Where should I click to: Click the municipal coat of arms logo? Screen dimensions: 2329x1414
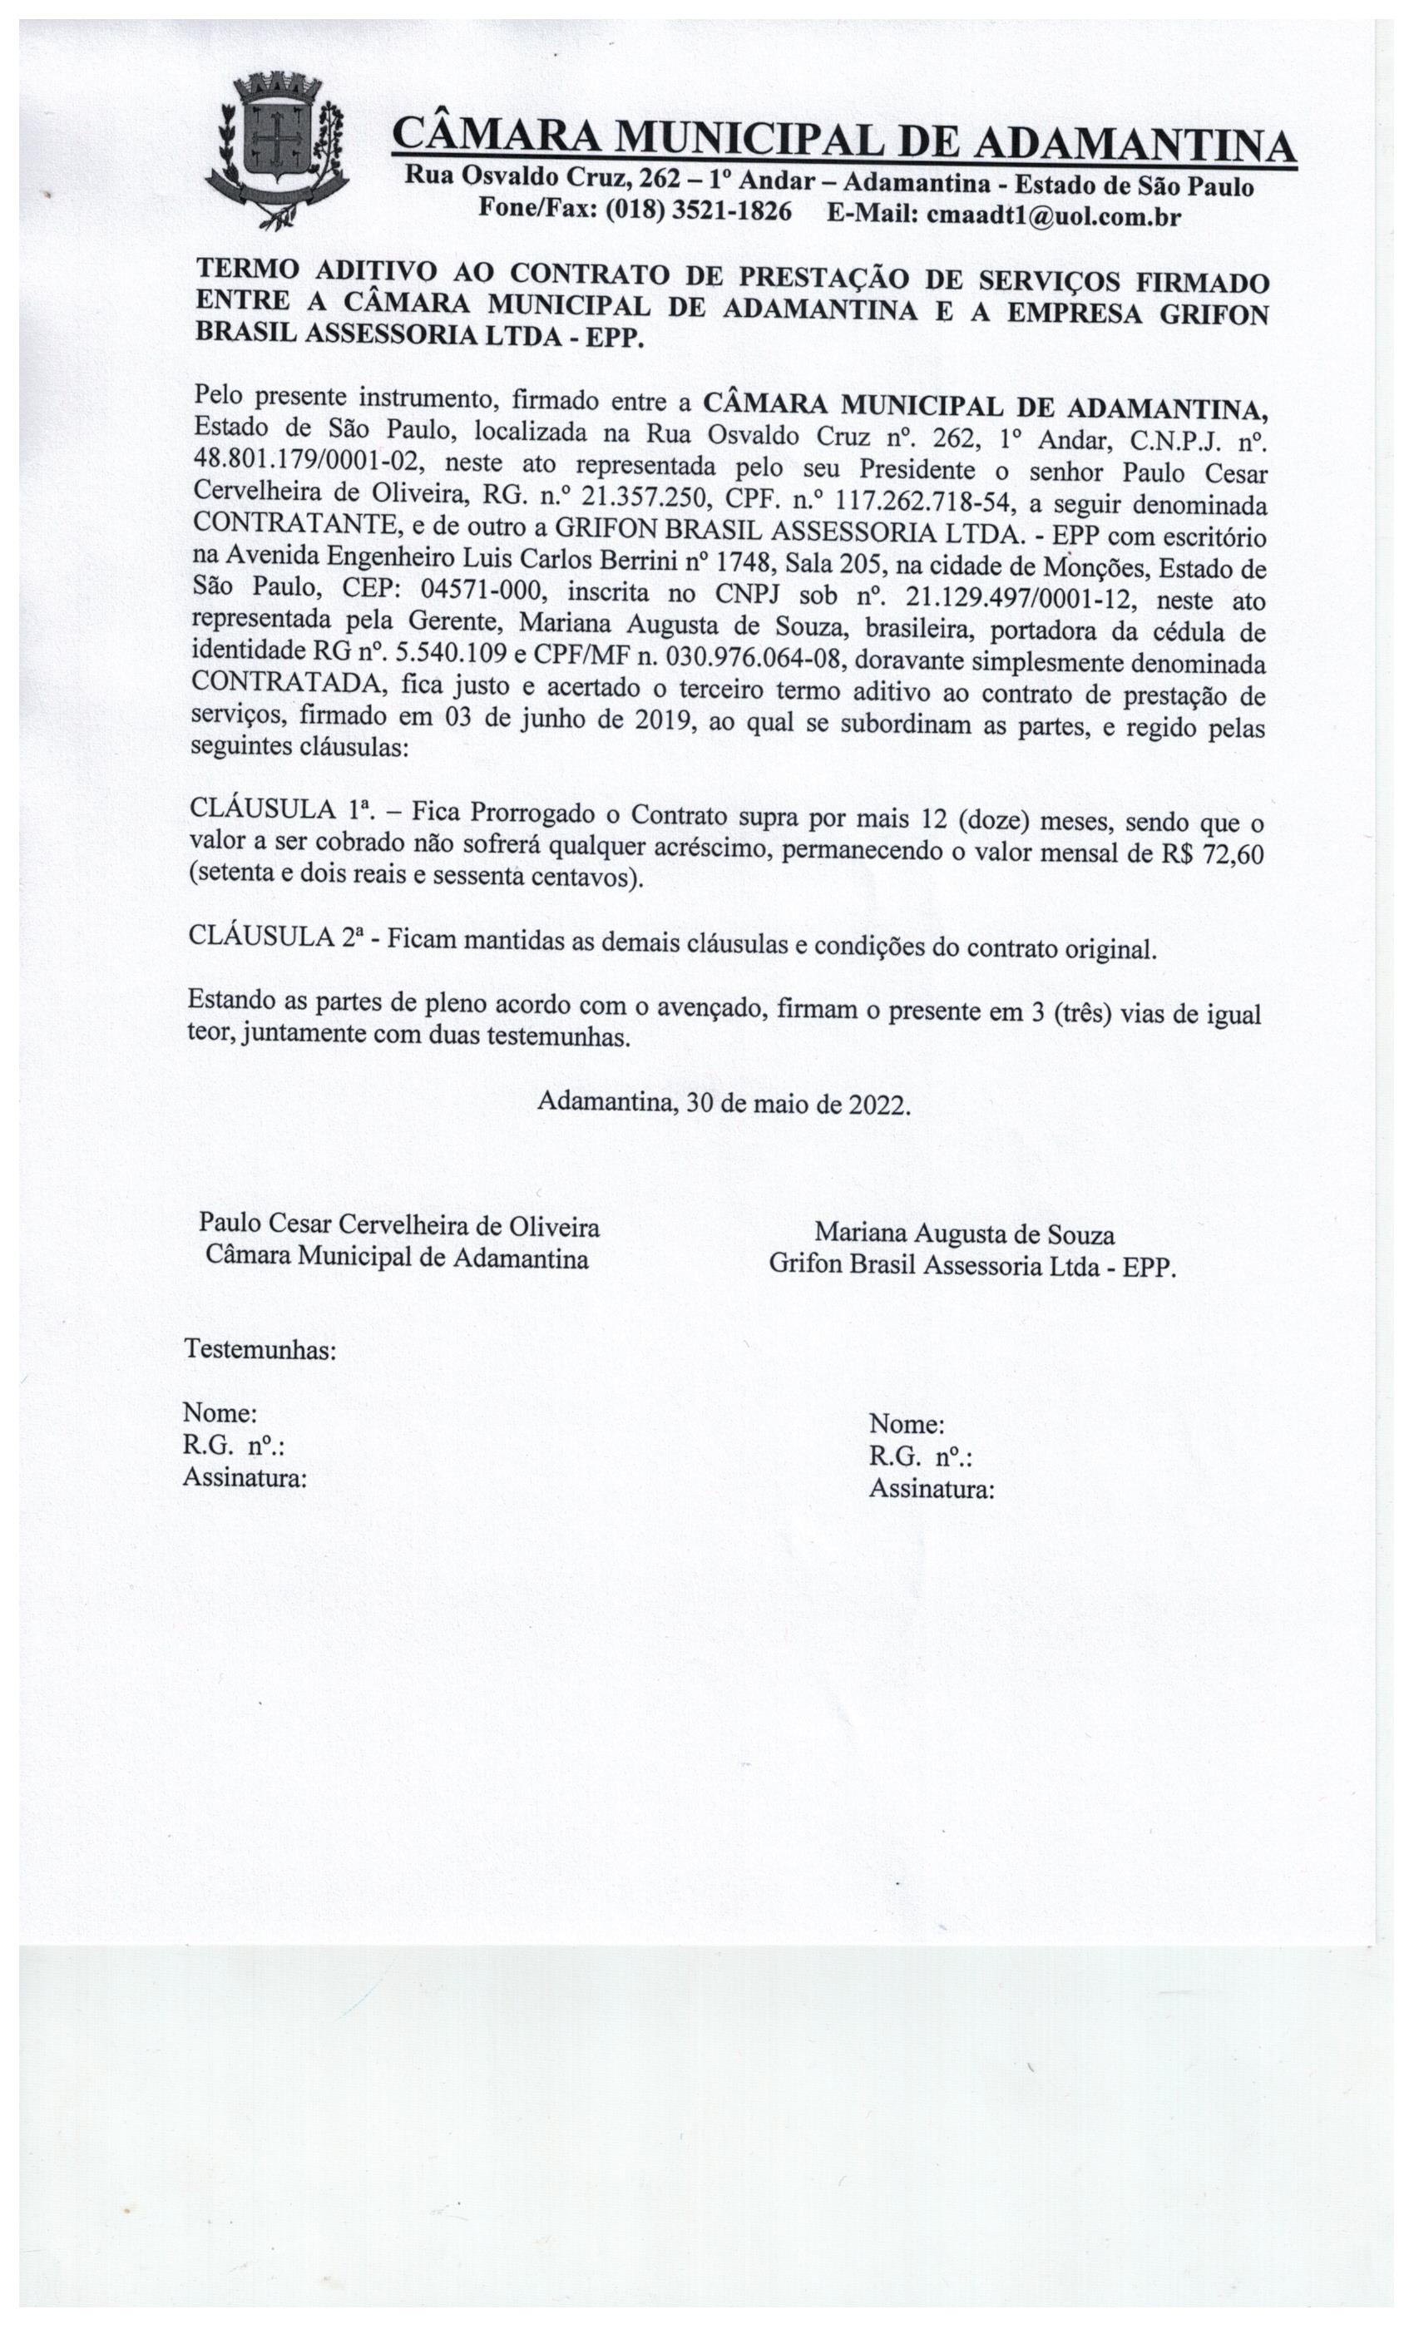tap(275, 150)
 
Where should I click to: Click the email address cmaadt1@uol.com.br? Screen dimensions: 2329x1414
tap(1053, 216)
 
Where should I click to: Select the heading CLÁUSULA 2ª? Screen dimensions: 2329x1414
tap(276, 936)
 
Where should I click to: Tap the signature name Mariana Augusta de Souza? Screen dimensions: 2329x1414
tap(964, 1234)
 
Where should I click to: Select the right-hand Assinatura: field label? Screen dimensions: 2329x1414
tap(931, 1490)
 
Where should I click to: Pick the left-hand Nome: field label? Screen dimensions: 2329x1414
tap(220, 1413)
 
